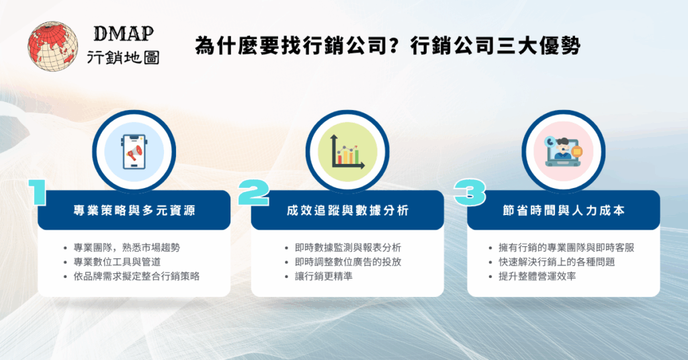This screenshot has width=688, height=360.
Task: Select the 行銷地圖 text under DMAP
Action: point(124,58)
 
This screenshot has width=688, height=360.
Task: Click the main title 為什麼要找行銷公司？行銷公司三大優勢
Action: point(388,46)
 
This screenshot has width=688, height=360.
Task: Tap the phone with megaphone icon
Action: point(134,152)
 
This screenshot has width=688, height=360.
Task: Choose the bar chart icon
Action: point(347,152)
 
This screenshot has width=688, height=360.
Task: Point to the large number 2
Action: point(253,193)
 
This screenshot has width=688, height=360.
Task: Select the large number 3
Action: point(469,193)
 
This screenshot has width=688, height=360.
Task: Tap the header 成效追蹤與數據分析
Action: point(347,211)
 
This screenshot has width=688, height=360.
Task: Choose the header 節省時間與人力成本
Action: point(563,211)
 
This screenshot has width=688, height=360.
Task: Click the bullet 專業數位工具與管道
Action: point(113,261)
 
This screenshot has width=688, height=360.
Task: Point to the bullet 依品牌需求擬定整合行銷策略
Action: point(132,275)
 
